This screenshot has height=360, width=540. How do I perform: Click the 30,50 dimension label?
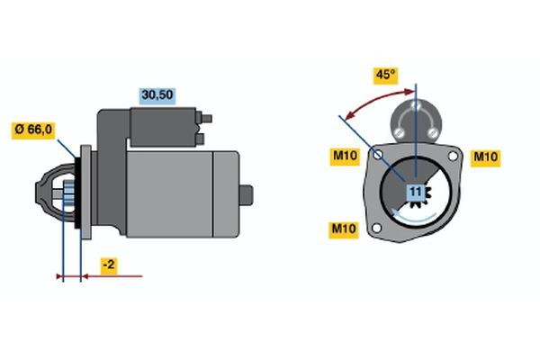pos(156,94)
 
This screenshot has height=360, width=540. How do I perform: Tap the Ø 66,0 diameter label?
pos(33,130)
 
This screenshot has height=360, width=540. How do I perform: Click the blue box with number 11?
pos(416,192)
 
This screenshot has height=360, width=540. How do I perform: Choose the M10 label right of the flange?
pos(486,157)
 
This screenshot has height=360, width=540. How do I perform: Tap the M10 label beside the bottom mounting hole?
pos(343,229)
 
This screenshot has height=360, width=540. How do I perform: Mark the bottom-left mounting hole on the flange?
pos(377,229)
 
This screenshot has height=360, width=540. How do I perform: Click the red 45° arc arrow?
pos(370,100)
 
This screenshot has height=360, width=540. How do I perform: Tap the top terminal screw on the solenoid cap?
pos(416,106)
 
